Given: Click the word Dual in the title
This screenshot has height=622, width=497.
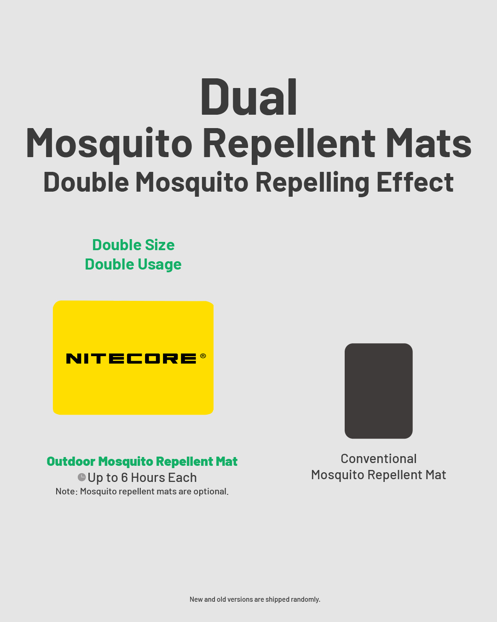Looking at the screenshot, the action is tap(248, 97).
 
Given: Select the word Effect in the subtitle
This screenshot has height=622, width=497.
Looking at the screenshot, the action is tap(415, 182).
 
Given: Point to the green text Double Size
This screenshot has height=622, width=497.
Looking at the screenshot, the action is tap(133, 245).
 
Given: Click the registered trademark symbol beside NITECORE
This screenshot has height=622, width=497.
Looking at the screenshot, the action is tap(203, 356).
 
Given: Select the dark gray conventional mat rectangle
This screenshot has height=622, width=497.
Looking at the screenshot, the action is tap(379, 391).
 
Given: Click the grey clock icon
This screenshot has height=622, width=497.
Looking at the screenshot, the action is tap(82, 477).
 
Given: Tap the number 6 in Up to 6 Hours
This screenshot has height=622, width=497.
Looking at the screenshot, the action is tap(124, 478).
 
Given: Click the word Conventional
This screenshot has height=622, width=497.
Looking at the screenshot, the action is tap(379, 459).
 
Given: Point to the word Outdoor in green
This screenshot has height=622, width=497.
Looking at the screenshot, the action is tap(71, 461).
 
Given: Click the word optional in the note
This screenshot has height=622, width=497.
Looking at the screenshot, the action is tap(211, 492).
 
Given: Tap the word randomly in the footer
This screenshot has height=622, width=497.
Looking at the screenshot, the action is tap(306, 599).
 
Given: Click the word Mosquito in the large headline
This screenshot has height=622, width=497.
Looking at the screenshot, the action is tap(109, 144).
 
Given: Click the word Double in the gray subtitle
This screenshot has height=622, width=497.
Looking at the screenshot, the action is tap(86, 182).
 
